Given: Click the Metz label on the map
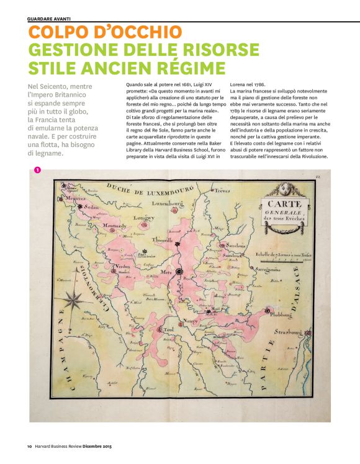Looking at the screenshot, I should [x=166, y=271].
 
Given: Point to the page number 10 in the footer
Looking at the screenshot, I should [x=29, y=447].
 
